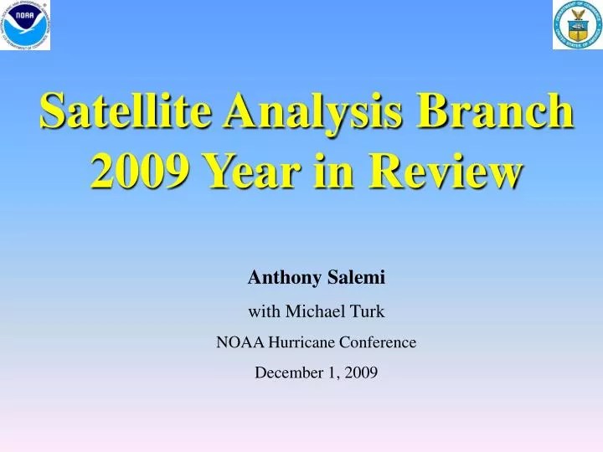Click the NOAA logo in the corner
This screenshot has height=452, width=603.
(25, 25)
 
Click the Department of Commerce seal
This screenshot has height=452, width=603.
(577, 25)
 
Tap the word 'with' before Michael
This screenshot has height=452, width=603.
(265, 311)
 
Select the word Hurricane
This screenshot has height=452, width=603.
(301, 342)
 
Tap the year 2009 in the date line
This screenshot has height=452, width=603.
(360, 373)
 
